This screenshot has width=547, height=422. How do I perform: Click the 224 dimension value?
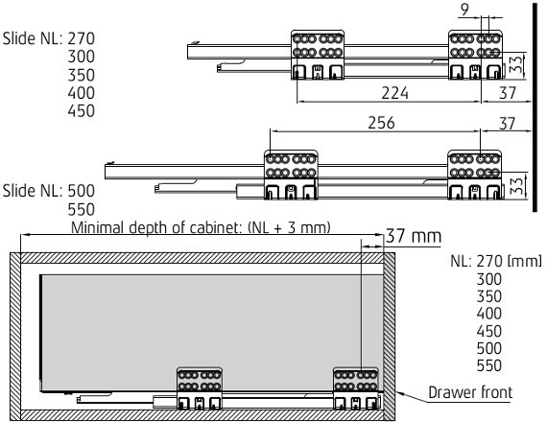(x=394, y=93)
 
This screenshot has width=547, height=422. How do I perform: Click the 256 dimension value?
(x=381, y=123)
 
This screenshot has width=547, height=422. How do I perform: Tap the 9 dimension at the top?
(x=464, y=10)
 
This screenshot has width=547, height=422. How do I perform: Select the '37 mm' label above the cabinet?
(x=414, y=236)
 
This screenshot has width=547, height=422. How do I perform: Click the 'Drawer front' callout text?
(x=470, y=392)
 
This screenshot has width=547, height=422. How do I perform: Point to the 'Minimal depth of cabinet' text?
(x=155, y=227)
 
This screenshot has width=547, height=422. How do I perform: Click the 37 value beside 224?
(x=508, y=93)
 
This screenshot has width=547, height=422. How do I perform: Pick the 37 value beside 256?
(x=508, y=123)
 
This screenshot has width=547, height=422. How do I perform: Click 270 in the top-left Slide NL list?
(x=82, y=38)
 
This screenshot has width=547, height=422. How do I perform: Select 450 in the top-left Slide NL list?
(x=82, y=111)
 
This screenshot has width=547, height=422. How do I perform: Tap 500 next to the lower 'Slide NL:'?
(x=82, y=191)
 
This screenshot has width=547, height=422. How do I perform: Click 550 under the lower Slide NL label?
(x=82, y=210)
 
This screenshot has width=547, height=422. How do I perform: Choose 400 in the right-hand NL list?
(x=489, y=314)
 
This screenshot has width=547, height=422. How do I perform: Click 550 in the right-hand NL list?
(x=489, y=365)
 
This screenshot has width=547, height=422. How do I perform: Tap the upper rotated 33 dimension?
(x=516, y=64)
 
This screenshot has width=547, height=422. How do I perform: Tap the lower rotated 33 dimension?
(x=516, y=186)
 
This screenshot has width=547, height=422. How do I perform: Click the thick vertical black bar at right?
(x=535, y=107)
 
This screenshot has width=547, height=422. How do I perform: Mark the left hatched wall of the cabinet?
(x=15, y=337)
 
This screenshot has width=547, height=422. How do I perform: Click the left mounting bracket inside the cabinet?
(x=200, y=388)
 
